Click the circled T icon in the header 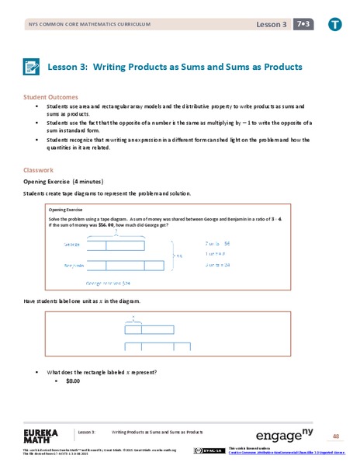(x=335, y=25)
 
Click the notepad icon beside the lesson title (x=33, y=68)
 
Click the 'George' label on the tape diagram (x=74, y=244)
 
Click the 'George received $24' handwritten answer (x=108, y=283)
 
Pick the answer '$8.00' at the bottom (x=74, y=381)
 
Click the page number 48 (x=336, y=436)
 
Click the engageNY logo (x=289, y=433)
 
